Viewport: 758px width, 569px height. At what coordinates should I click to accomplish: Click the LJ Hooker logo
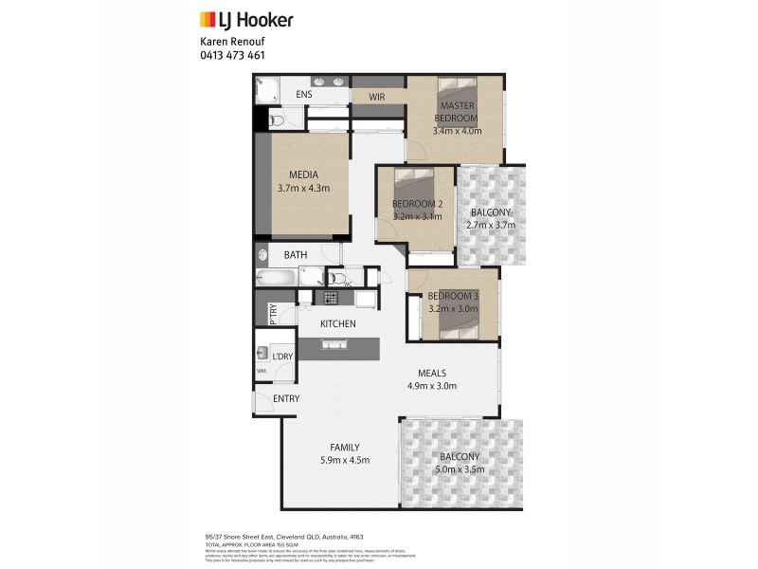click(246, 19)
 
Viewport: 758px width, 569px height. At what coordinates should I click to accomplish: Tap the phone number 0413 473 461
click(232, 55)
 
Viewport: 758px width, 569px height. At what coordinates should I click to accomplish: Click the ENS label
click(304, 95)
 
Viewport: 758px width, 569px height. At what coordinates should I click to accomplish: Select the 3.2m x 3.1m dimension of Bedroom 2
click(418, 217)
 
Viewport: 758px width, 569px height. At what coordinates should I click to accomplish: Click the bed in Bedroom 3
click(457, 319)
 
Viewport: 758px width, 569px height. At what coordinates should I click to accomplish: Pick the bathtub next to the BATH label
click(277, 278)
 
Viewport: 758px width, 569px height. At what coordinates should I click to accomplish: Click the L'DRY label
click(282, 356)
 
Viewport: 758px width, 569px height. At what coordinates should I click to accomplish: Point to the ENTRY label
click(286, 398)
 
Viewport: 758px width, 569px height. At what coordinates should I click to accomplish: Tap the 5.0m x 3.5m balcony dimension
click(460, 469)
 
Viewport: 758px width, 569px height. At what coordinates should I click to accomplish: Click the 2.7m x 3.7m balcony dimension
click(490, 225)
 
